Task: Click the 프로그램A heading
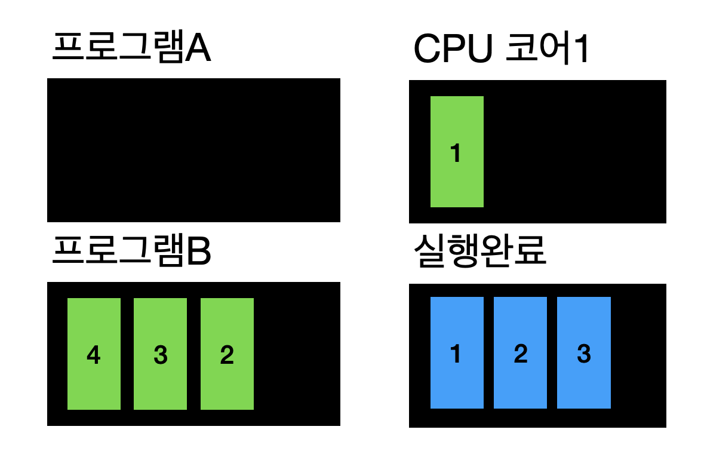(131, 48)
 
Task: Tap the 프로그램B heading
(131, 253)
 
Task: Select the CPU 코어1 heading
(502, 50)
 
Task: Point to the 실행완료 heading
(479, 253)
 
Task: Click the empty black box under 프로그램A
(193, 150)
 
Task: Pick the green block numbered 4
(94, 354)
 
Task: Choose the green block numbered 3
(160, 354)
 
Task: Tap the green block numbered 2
(227, 354)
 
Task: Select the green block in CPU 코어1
(457, 152)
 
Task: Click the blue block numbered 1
(457, 352)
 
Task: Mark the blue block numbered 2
(520, 352)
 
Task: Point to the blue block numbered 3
(583, 352)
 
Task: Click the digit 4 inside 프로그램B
(93, 355)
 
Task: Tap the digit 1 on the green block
(456, 154)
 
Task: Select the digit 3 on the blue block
(583, 354)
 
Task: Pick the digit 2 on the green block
(227, 355)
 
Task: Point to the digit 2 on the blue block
(520, 354)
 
